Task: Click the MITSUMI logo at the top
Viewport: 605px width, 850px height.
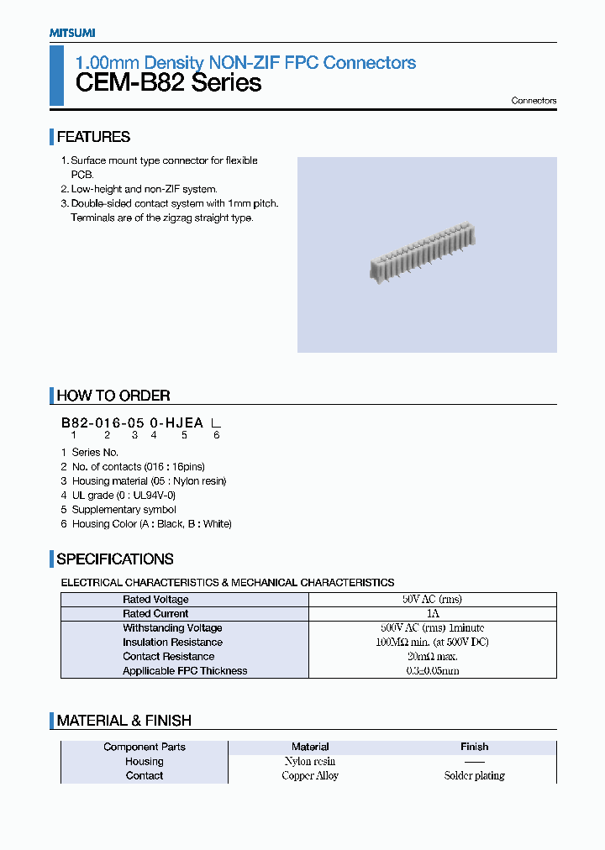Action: pyautogui.click(x=71, y=33)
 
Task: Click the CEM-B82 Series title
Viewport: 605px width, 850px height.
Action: pyautogui.click(x=168, y=83)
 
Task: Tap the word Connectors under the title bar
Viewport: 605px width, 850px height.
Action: pyautogui.click(x=534, y=101)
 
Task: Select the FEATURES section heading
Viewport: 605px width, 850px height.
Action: pyautogui.click(x=93, y=137)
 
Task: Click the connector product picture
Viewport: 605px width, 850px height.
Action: pyautogui.click(x=420, y=252)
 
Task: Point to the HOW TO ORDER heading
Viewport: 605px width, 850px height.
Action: pyautogui.click(x=113, y=396)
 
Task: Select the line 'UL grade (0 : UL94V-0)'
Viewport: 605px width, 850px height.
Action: pyautogui.click(x=123, y=496)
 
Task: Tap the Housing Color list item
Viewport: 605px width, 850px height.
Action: pyautogui.click(x=151, y=524)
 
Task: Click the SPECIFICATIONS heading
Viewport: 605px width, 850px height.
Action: pyautogui.click(x=115, y=559)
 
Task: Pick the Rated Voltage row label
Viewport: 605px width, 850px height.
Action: pyautogui.click(x=155, y=600)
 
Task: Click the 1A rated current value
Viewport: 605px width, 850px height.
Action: pyautogui.click(x=433, y=614)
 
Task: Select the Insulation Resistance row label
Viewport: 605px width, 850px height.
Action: pyautogui.click(x=172, y=643)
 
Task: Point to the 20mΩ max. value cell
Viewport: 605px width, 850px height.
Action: pyautogui.click(x=433, y=657)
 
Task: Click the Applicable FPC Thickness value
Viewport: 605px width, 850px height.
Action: pyautogui.click(x=433, y=671)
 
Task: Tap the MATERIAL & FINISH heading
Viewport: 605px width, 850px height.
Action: pyautogui.click(x=124, y=721)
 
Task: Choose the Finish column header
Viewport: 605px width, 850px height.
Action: pyautogui.click(x=474, y=747)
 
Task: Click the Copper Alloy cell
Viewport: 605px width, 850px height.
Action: pyautogui.click(x=310, y=776)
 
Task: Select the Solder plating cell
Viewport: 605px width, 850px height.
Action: pyautogui.click(x=474, y=776)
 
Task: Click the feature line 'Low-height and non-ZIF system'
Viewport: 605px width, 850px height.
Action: pyautogui.click(x=144, y=189)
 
